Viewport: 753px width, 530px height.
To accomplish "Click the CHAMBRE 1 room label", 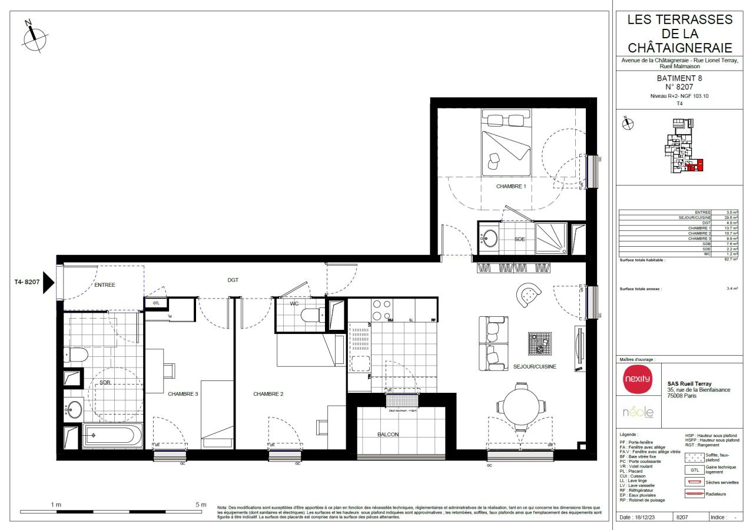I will [510, 186].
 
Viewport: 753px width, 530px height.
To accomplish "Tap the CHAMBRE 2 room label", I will [269, 394].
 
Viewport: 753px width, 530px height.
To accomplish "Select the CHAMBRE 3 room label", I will [183, 394].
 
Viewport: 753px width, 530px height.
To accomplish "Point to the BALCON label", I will [388, 435].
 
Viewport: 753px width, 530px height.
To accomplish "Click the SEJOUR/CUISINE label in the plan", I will [535, 366].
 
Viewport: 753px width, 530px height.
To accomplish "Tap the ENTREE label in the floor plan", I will [104, 285].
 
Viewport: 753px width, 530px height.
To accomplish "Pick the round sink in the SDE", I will [490, 238].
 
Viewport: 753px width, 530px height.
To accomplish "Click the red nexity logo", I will [638, 379].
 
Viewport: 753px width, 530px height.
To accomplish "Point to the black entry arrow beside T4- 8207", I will [49, 282].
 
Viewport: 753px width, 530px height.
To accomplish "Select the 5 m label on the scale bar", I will [200, 505].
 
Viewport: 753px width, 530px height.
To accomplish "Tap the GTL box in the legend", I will [694, 470].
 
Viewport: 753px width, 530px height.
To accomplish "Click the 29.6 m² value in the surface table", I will [732, 217].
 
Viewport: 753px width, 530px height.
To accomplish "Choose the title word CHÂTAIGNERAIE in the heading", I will [680, 47].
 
